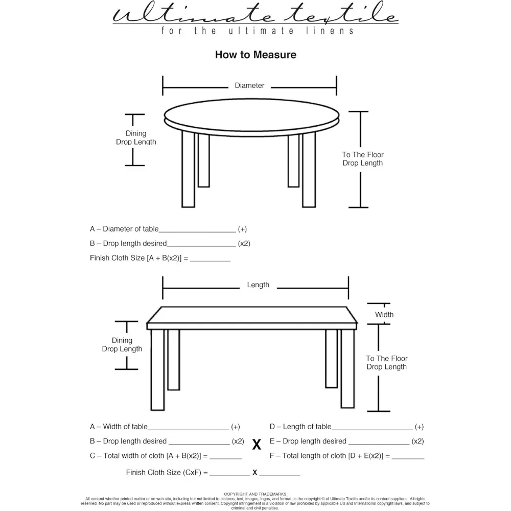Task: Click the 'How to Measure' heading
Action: click(x=255, y=55)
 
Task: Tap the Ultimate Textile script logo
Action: click(x=255, y=15)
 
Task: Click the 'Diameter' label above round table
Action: click(x=249, y=85)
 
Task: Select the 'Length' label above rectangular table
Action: click(x=258, y=285)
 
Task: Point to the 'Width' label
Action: click(x=384, y=315)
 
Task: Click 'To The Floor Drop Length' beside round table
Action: click(x=362, y=159)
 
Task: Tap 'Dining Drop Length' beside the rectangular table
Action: click(x=122, y=345)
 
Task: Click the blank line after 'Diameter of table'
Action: click(x=197, y=230)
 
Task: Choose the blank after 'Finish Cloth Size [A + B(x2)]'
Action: click(x=210, y=259)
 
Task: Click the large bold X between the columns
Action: click(x=257, y=445)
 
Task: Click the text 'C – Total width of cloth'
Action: click(x=128, y=455)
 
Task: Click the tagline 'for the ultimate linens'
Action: click(x=257, y=31)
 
